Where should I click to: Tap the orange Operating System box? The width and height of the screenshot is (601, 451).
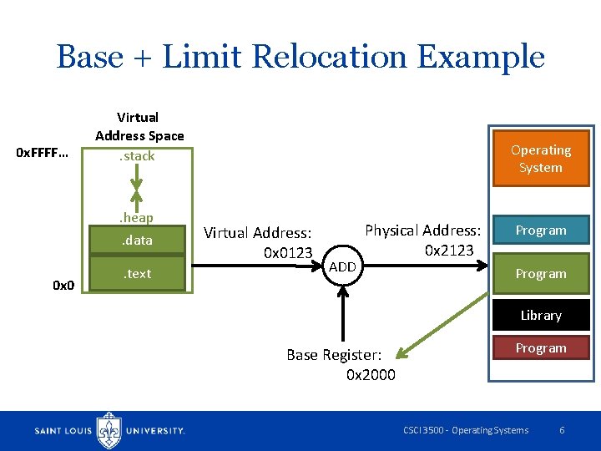pos(540,159)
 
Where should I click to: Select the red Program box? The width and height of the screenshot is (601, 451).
pos(540,347)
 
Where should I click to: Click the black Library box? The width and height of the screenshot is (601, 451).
pos(540,315)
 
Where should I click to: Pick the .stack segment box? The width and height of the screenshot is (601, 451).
pos(139,156)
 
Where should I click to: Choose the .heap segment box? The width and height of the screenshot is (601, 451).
pos(139,217)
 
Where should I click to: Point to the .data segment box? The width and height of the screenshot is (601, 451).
pos(139,241)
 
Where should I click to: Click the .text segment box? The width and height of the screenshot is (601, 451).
pos(139,273)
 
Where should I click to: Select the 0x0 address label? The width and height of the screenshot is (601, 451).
pos(63,286)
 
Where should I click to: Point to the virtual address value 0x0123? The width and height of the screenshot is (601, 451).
pos(287,252)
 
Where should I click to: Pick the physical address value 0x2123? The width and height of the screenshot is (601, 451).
pos(449,250)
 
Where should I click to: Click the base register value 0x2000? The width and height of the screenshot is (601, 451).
pos(371,374)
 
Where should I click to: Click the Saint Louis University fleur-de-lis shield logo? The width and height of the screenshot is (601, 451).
pos(109,430)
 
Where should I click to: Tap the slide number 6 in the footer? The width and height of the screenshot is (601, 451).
pos(562,430)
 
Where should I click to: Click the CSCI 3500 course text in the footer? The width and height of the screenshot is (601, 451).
pos(465,430)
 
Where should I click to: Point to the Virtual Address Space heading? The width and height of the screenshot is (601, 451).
pos(139,126)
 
